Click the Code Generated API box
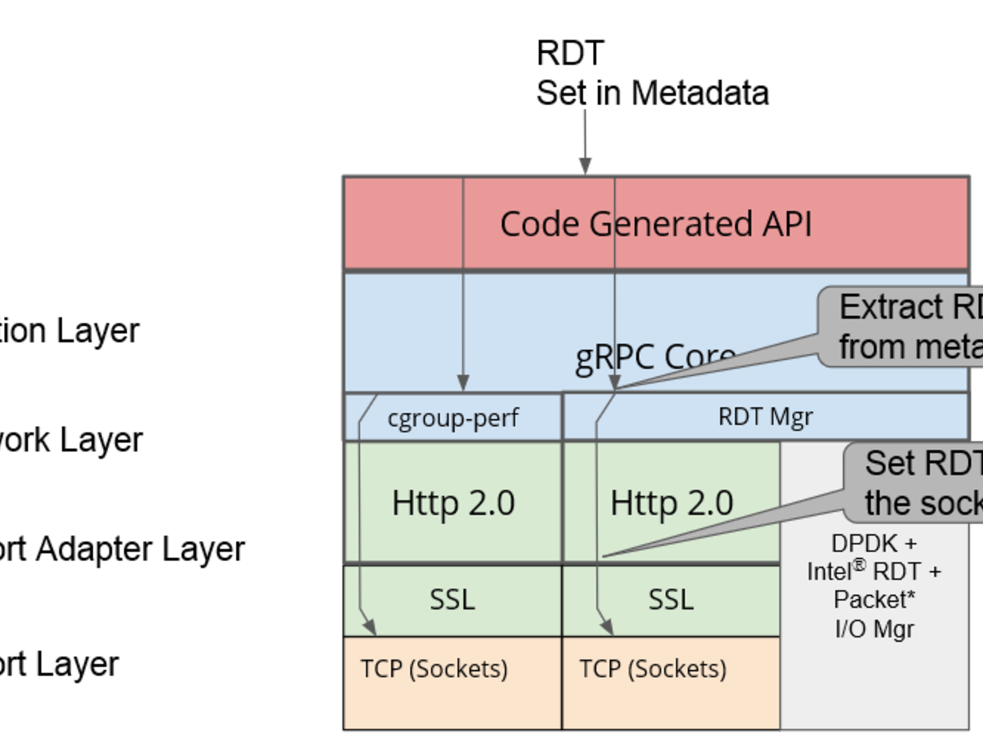click(x=656, y=223)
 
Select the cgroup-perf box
click(x=453, y=418)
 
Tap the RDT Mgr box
click(x=765, y=417)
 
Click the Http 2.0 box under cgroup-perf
click(x=453, y=503)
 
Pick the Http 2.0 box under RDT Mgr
click(x=671, y=503)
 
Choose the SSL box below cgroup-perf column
click(x=452, y=600)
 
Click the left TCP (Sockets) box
click(x=435, y=669)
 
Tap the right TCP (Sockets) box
click(x=653, y=669)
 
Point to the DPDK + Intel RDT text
click(x=874, y=557)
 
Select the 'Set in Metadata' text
click(x=652, y=94)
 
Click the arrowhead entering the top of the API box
click(x=585, y=166)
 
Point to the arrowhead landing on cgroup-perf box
click(x=463, y=382)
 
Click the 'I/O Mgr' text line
click(x=874, y=629)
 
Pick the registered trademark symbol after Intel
click(x=859, y=565)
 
